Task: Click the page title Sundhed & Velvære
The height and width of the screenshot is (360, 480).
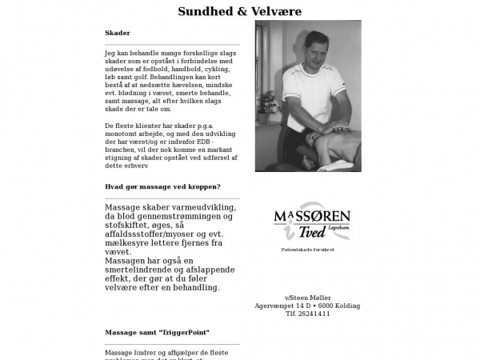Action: (239, 12)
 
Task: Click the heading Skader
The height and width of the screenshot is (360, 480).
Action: (117, 33)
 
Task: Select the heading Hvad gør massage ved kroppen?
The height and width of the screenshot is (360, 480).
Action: (162, 186)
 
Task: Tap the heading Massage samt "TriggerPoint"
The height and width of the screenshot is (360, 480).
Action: (158, 331)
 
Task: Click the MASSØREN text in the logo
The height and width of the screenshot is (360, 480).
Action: (311, 217)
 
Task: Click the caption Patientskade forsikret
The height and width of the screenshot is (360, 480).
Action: (308, 250)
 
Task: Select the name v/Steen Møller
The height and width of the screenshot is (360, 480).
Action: (308, 298)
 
